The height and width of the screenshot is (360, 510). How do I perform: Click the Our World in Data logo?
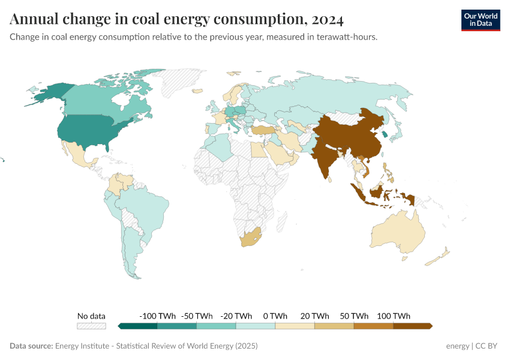(480, 19)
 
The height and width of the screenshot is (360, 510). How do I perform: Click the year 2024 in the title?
(328, 19)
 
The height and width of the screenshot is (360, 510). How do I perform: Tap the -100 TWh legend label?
(157, 316)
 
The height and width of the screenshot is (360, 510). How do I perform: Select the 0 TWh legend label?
(275, 316)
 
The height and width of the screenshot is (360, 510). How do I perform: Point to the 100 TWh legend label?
(393, 316)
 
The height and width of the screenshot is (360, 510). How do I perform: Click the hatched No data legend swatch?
(91, 326)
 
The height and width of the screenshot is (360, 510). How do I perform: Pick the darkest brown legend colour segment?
(412, 326)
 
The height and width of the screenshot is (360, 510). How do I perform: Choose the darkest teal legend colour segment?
(139, 326)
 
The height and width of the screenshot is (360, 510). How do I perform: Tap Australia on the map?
(396, 231)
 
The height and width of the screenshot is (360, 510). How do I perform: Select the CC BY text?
(488, 346)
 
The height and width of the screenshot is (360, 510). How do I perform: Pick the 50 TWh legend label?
(355, 316)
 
